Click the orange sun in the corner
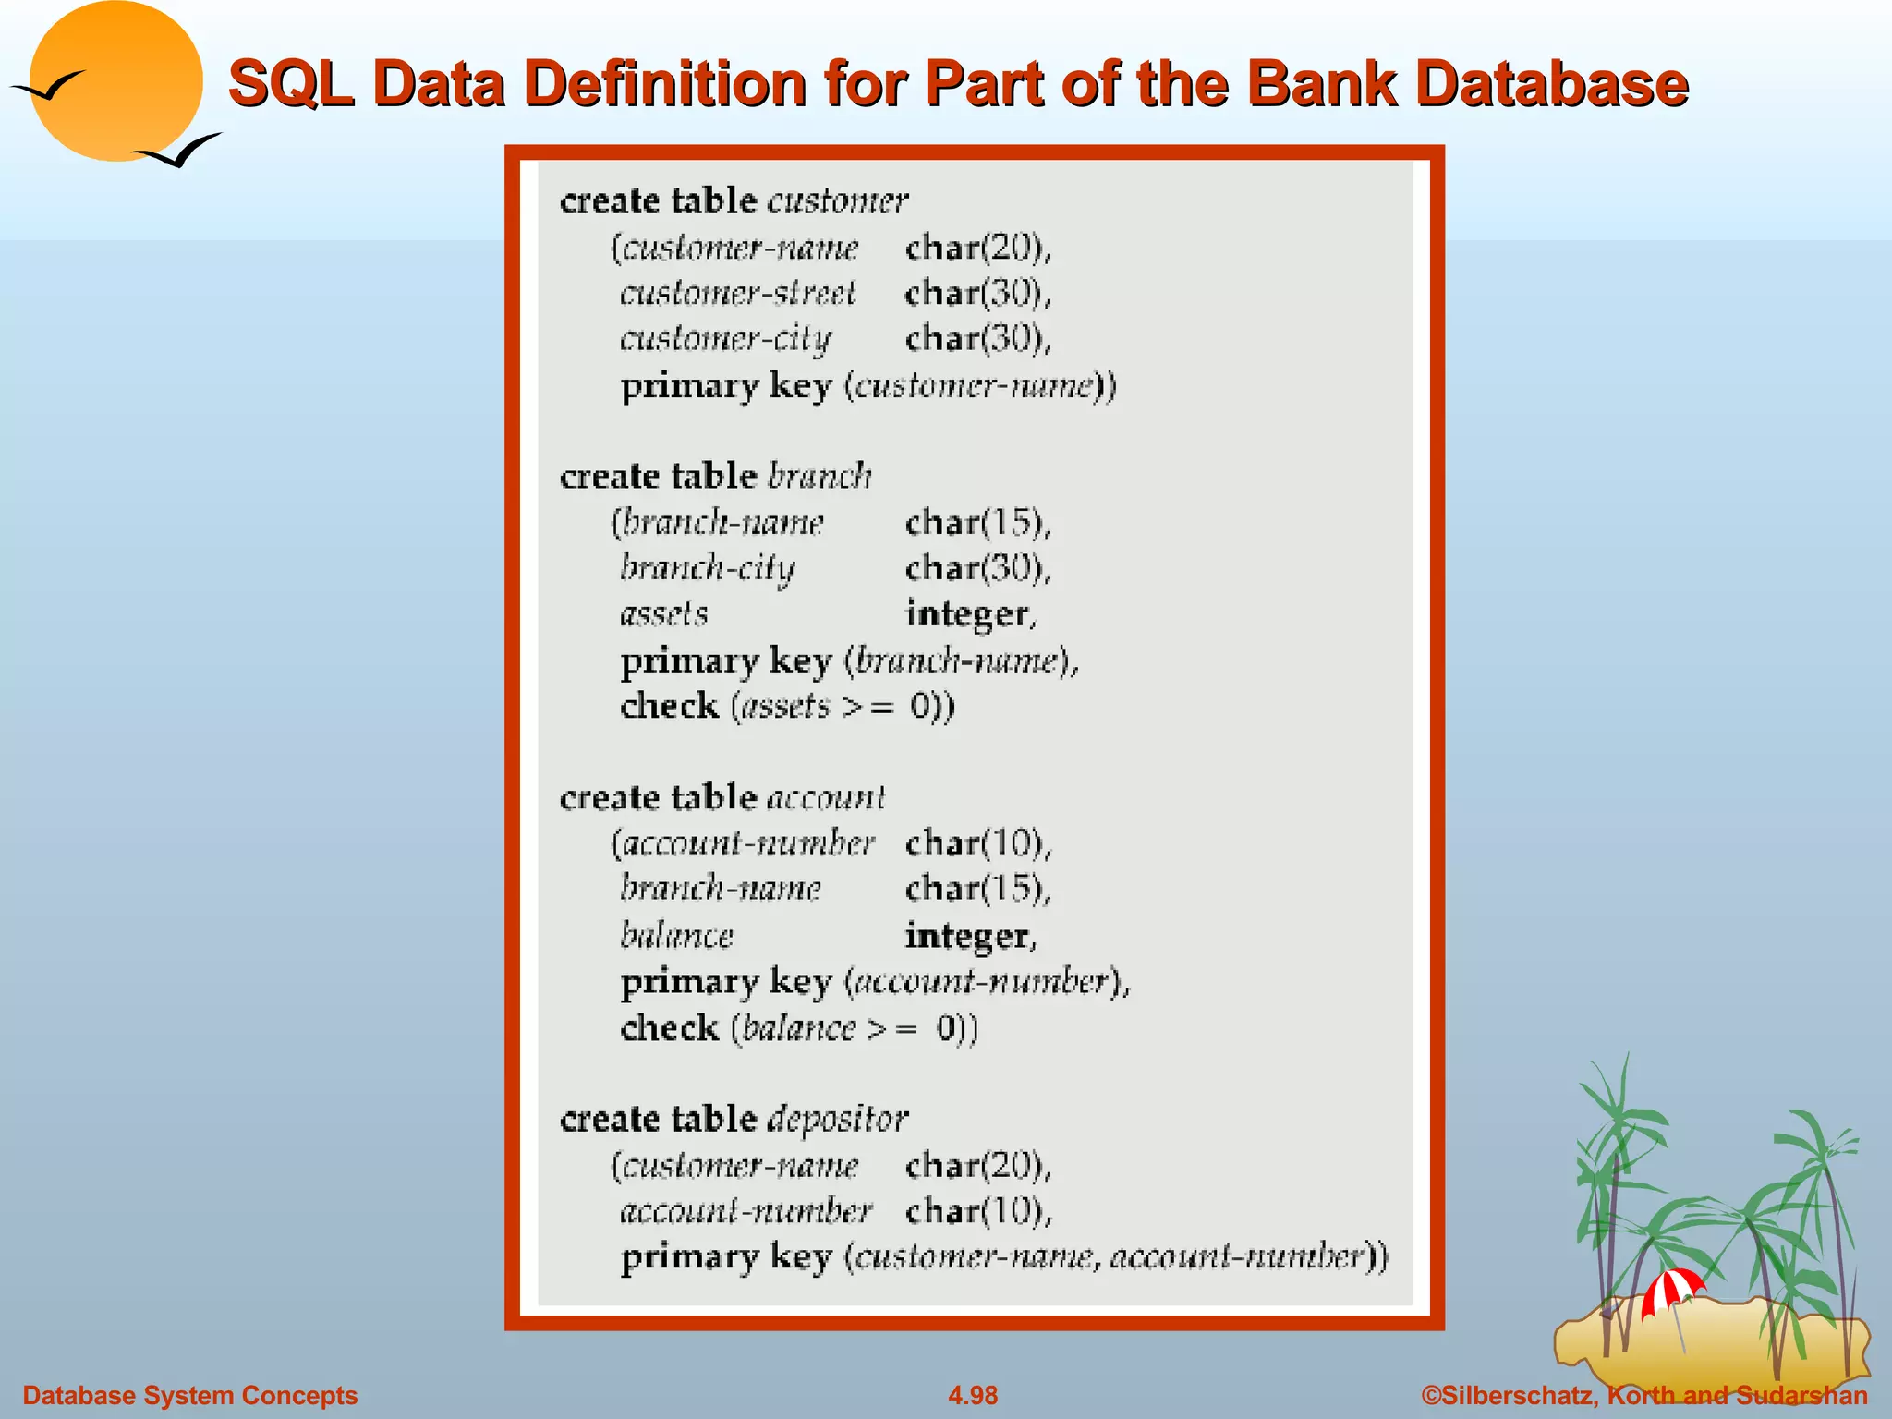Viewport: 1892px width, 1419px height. tap(115, 81)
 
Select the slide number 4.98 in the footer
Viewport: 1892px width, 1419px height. tap(973, 1395)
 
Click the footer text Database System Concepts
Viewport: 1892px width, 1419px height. tap(189, 1395)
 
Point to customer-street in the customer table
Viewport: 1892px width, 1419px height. tap(737, 293)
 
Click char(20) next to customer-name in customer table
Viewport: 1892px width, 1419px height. tap(977, 248)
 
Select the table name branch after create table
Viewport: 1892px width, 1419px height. tap(819, 476)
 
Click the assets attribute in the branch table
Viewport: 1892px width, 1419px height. tap(664, 613)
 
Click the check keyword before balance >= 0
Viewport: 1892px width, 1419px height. tap(669, 1027)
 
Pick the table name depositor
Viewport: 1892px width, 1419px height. tap(838, 1119)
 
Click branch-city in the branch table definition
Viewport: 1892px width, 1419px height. tap(707, 567)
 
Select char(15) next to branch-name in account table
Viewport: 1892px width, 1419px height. tap(977, 889)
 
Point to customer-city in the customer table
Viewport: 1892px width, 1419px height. tap(725, 339)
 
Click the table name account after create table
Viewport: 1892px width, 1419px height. tap(826, 797)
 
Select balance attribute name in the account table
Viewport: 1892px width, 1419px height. tap(676, 936)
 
